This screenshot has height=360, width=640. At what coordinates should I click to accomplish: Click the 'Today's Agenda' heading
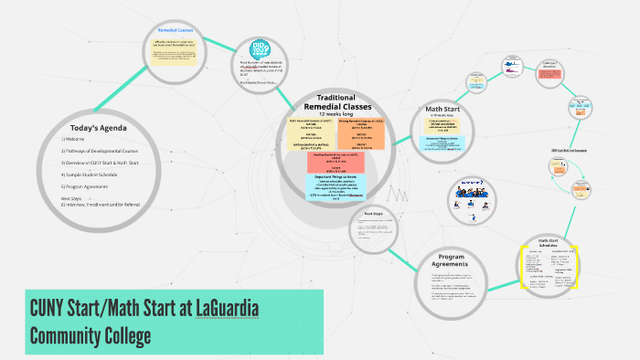tap(98, 127)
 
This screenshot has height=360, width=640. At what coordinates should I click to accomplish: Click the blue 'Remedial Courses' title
tap(178, 29)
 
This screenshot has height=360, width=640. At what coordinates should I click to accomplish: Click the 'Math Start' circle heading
tap(443, 109)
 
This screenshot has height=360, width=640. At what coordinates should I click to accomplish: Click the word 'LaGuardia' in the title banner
tap(227, 308)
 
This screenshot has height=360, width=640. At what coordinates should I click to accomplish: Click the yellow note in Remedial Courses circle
tap(177, 52)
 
